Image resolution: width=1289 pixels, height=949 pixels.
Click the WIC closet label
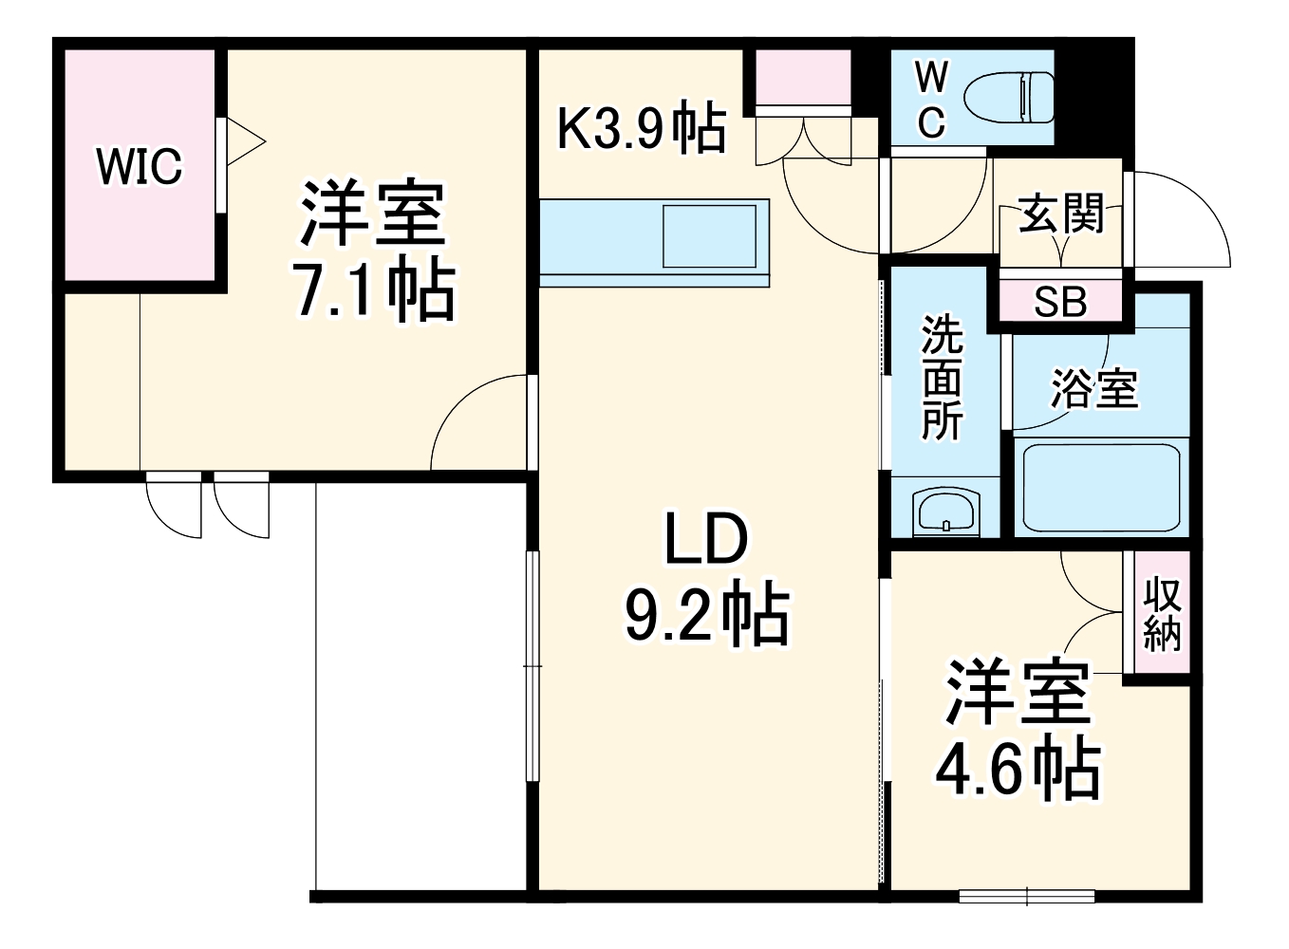tap(139, 167)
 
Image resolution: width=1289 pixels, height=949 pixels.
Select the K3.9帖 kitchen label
tap(642, 129)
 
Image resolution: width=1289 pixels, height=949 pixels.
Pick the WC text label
tap(931, 99)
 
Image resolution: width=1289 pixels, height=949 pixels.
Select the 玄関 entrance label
tap(1061, 214)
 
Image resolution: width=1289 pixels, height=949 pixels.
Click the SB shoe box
tap(1060, 302)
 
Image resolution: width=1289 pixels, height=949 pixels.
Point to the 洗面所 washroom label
tap(942, 378)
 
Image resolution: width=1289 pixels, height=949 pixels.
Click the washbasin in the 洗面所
tap(944, 512)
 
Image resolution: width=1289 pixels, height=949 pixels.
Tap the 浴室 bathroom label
tap(1093, 389)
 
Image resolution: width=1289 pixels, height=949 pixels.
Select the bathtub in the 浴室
tap(1101, 488)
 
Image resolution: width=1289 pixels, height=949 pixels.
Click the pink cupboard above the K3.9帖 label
tap(803, 76)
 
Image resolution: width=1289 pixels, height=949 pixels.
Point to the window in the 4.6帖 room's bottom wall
tap(1027, 895)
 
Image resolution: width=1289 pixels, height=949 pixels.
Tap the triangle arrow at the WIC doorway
tap(244, 142)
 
